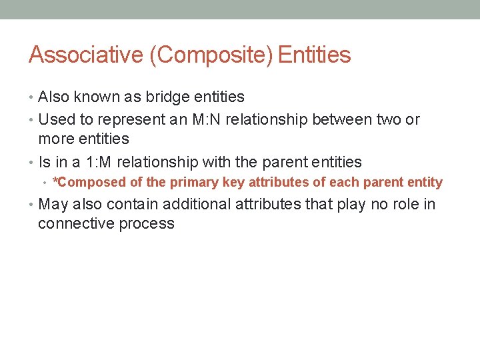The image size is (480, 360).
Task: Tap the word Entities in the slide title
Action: [314, 55]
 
